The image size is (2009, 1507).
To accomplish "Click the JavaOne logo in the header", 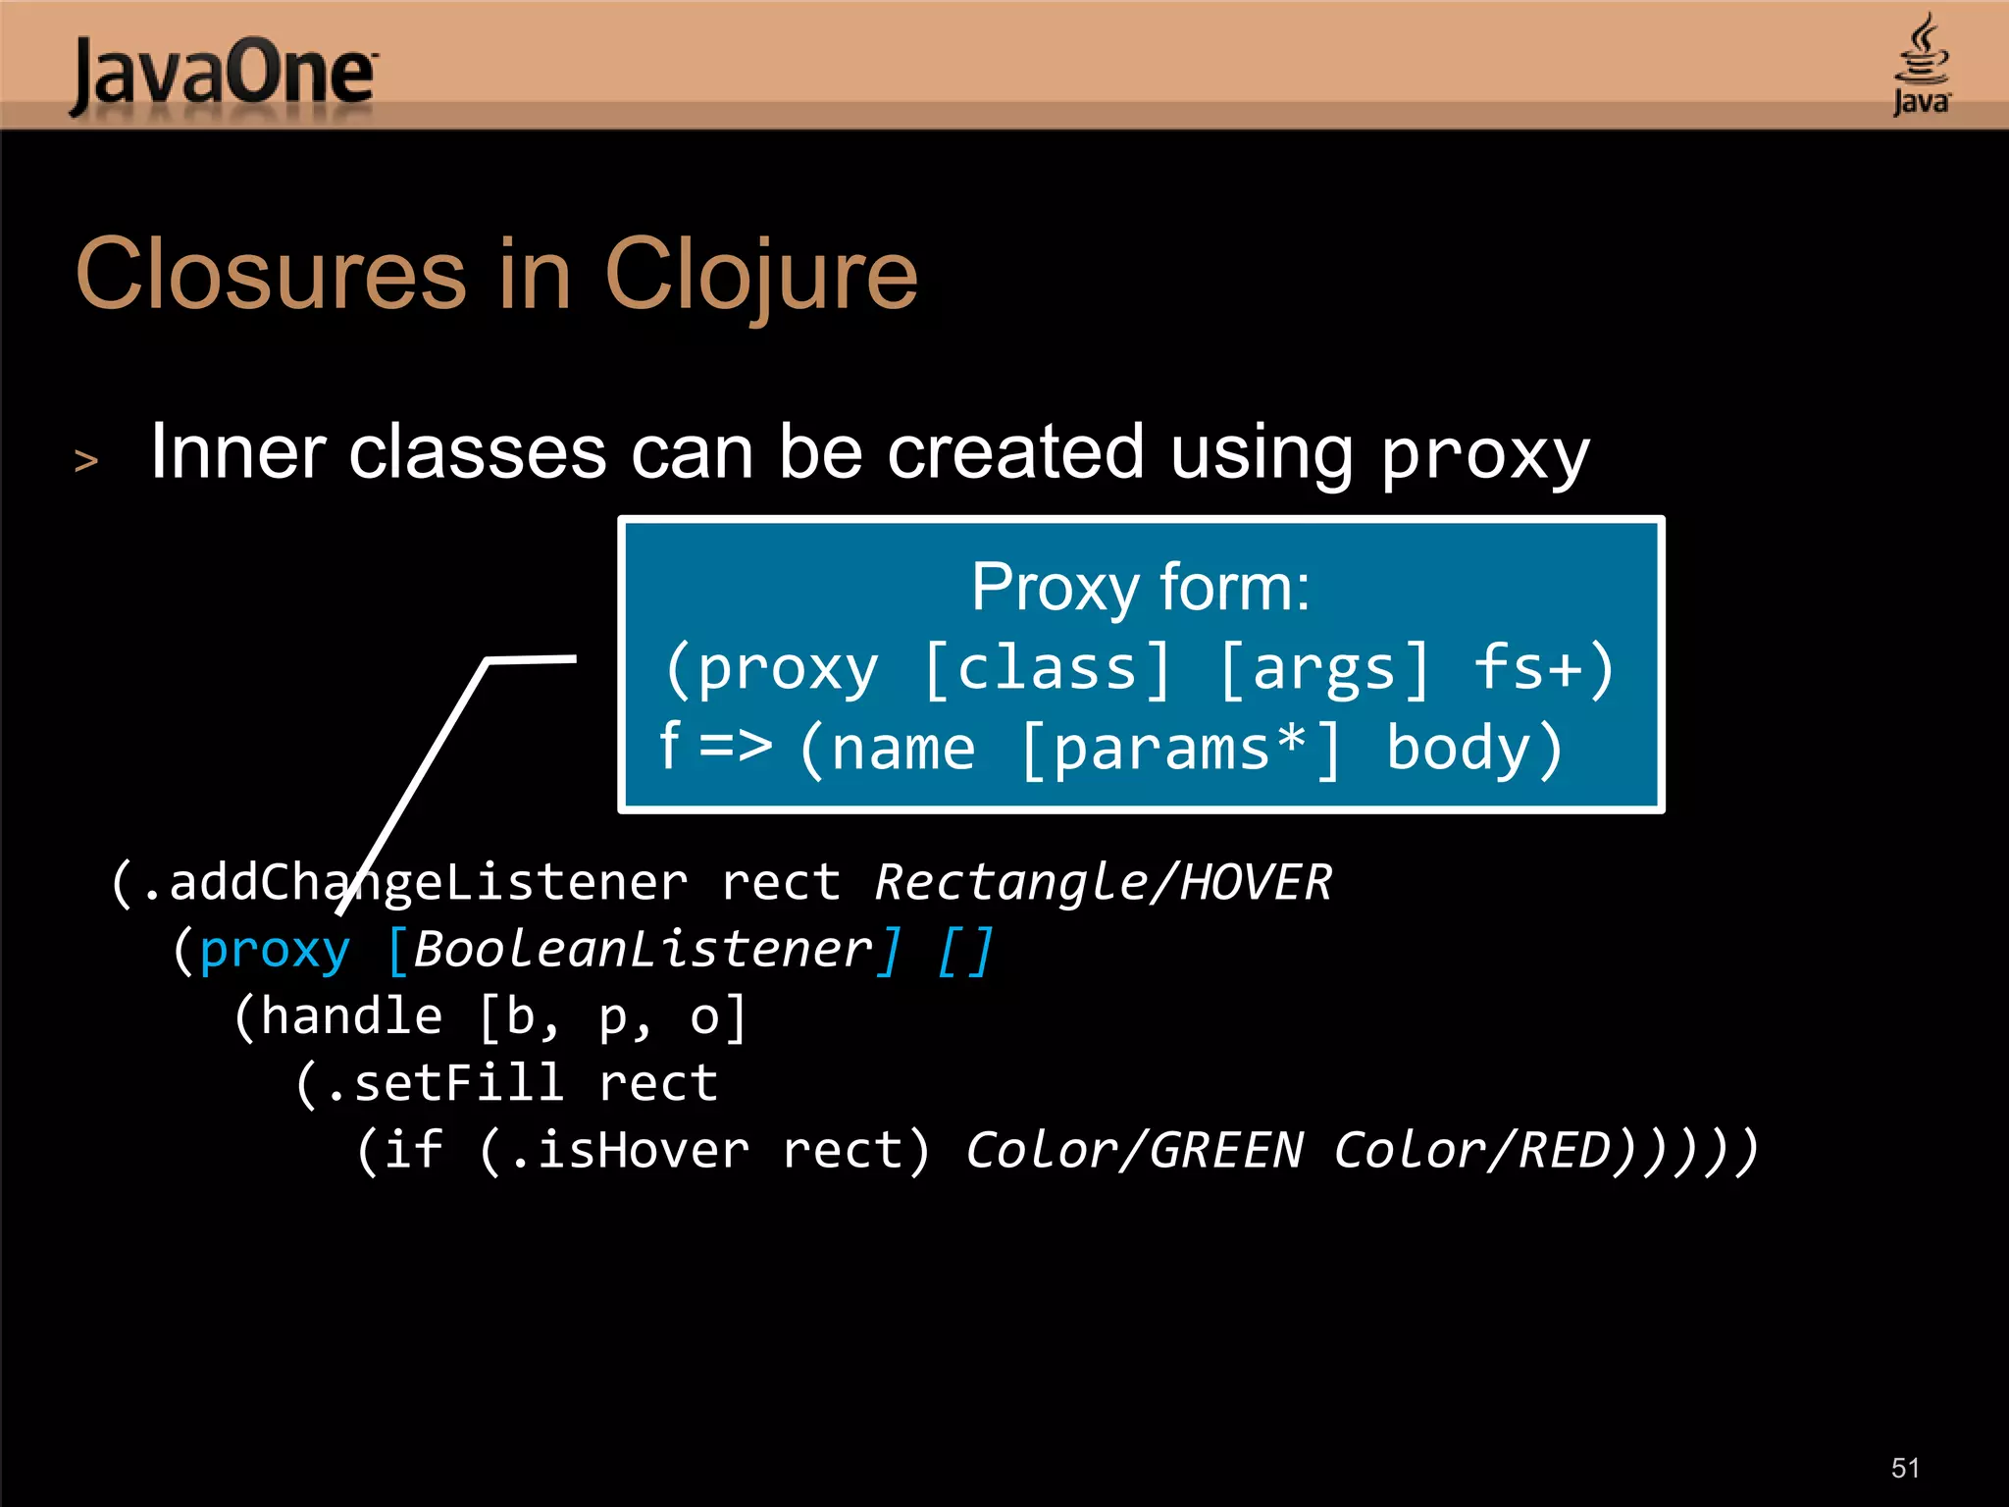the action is (x=224, y=75).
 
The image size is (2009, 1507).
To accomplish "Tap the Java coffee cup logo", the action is (x=1921, y=63).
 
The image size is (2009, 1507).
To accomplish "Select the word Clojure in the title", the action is (x=761, y=277).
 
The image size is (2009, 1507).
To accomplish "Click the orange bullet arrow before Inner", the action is (x=86, y=460).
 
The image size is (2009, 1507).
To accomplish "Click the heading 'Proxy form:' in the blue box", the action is (x=1140, y=588).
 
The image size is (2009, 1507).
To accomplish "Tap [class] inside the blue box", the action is (x=1048, y=669).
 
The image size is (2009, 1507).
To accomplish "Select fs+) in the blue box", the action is (x=1544, y=669).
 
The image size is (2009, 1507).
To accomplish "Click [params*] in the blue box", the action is (x=1181, y=750).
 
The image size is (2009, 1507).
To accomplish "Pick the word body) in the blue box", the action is (x=1473, y=750).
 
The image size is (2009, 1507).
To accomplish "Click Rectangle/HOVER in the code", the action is (x=1103, y=882).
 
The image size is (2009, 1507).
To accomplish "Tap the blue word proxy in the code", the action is (x=275, y=950).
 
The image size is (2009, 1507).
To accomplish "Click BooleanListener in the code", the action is (x=643, y=950).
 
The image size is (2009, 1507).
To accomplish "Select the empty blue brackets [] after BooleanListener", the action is (x=966, y=950).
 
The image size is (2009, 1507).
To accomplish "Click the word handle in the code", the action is (x=351, y=1016).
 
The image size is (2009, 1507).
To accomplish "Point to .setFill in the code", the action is (x=445, y=1083).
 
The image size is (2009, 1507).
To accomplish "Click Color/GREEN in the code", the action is (x=1136, y=1150).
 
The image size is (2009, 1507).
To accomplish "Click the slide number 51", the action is (x=1905, y=1468).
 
